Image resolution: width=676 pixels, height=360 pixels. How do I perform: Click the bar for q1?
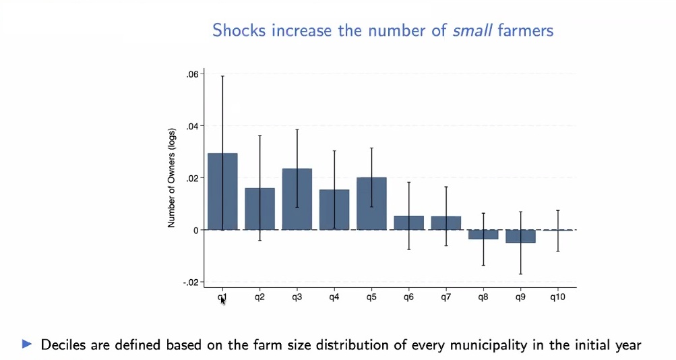pyautogui.click(x=222, y=191)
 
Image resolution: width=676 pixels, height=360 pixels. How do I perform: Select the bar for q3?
pyautogui.click(x=297, y=199)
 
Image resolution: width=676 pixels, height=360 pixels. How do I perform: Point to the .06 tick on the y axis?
pyautogui.click(x=192, y=74)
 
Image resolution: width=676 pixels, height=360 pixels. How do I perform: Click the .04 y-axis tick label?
pyautogui.click(x=192, y=126)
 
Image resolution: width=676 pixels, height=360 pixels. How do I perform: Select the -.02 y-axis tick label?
pyautogui.click(x=191, y=282)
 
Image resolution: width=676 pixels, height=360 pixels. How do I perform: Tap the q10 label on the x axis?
pyautogui.click(x=557, y=297)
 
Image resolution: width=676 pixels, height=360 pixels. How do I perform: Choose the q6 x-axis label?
pyautogui.click(x=408, y=297)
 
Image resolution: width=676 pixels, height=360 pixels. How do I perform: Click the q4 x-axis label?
pyautogui.click(x=334, y=297)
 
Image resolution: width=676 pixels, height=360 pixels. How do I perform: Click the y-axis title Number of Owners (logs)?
pyautogui.click(x=172, y=178)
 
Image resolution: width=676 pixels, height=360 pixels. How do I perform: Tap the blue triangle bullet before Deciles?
pyautogui.click(x=28, y=344)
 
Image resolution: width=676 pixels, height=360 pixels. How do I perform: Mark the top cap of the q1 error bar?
pyautogui.click(x=222, y=76)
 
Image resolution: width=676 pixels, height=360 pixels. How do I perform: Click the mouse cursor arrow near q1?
pyautogui.click(x=222, y=300)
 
